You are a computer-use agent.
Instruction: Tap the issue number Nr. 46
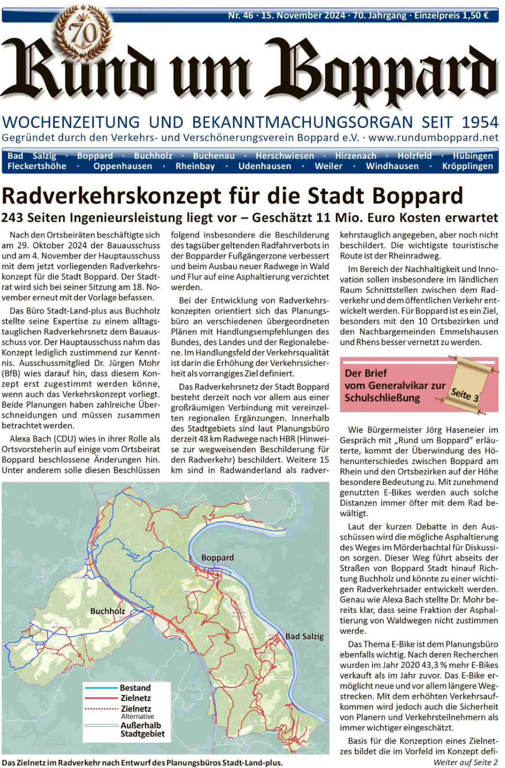click(240, 16)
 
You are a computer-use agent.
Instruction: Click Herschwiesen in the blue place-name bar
click(284, 156)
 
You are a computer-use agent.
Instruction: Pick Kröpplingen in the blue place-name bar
click(467, 166)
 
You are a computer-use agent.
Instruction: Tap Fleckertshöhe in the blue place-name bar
click(37, 166)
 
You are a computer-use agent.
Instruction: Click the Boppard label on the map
click(217, 557)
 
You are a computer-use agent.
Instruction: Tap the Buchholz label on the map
click(108, 611)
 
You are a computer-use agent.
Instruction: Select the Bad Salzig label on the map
click(304, 636)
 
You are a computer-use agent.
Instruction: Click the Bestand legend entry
click(135, 688)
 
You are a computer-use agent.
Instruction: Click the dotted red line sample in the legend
click(101, 709)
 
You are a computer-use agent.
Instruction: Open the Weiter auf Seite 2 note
click(465, 762)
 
